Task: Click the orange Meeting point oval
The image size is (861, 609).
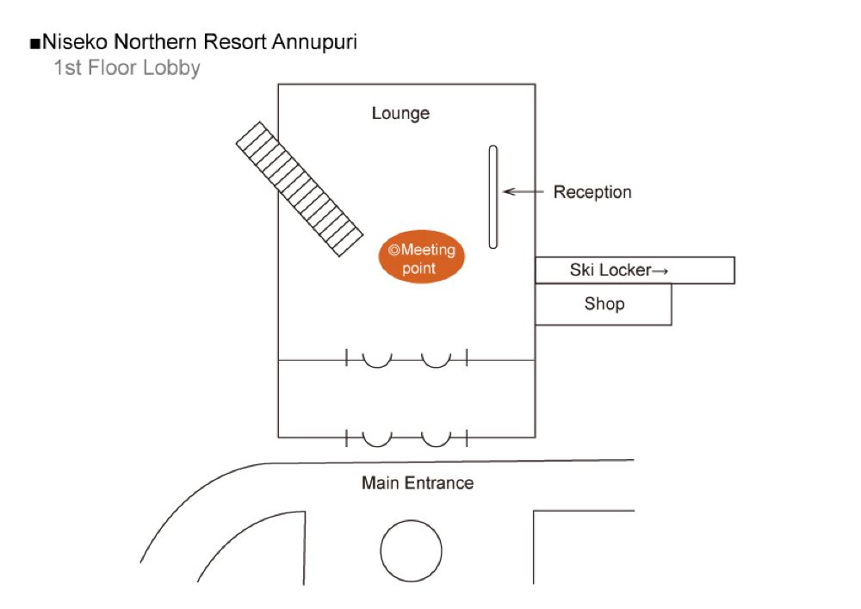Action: [422, 258]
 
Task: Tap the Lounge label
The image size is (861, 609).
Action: [400, 113]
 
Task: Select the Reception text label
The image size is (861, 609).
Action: [592, 192]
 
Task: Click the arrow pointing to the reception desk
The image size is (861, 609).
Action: [519, 191]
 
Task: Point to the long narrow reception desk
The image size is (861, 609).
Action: [493, 197]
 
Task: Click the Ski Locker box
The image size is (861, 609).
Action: [635, 270]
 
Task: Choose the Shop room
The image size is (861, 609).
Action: [604, 304]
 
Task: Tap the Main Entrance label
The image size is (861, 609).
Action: [418, 482]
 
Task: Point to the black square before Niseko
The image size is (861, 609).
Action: [34, 42]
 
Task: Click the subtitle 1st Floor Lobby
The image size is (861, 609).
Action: [127, 67]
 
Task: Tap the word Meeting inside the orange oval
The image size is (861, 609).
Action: [428, 250]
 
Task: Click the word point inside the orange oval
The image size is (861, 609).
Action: [419, 268]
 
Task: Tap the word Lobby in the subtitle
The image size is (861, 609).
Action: [171, 67]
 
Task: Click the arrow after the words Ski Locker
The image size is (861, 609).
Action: [660, 270]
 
